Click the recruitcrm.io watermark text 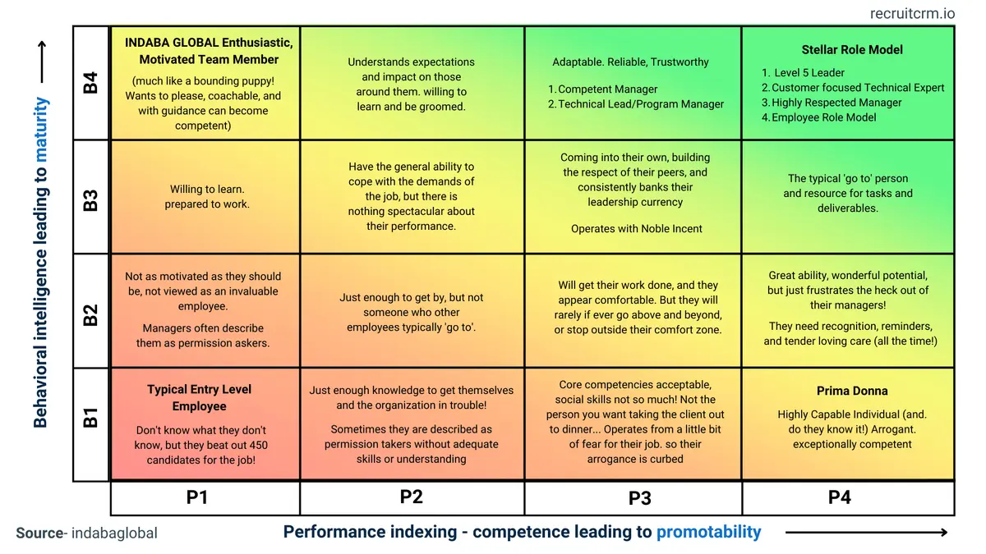coord(912,13)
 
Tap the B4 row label coord(90,83)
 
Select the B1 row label coord(90,417)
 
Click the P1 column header coord(197,497)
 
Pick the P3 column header coord(634,497)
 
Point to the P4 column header coord(839,497)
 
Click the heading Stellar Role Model coord(852,49)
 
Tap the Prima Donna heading coord(852,391)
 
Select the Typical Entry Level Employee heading coord(200,398)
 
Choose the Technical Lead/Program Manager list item coord(641,104)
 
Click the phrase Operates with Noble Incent coord(637,229)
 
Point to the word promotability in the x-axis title coord(708,532)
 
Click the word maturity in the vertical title coord(40,123)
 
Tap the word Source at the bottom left coord(39,533)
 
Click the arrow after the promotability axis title coord(867,532)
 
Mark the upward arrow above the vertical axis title coord(41,62)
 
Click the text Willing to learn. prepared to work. coord(207,197)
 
